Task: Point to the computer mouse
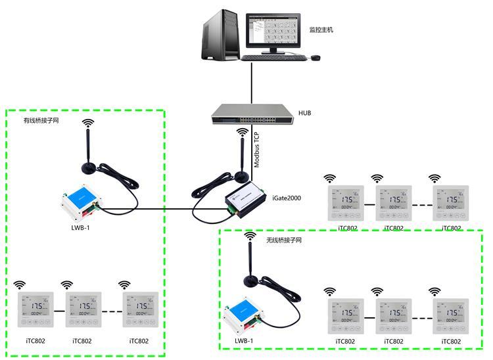pyautogui.click(x=316, y=58)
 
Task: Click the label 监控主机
pyautogui.click(x=321, y=30)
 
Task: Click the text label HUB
pyautogui.click(x=305, y=113)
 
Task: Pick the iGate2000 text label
pyautogui.click(x=287, y=197)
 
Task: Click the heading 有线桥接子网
pyautogui.click(x=41, y=121)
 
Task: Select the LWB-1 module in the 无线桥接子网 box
pyautogui.click(x=243, y=319)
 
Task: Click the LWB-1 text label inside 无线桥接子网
pyautogui.click(x=244, y=341)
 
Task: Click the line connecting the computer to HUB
pyautogui.click(x=252, y=82)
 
